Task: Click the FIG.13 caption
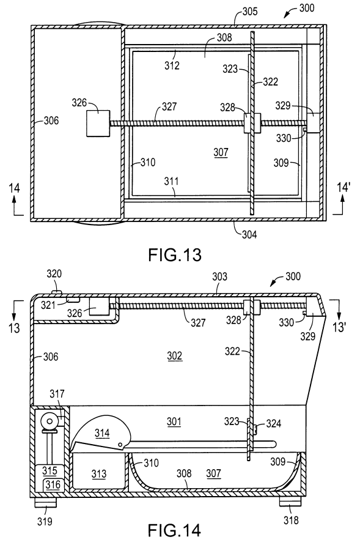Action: [175, 255]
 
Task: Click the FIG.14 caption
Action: [174, 530]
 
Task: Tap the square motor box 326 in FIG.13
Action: [98, 124]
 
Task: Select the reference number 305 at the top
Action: [250, 12]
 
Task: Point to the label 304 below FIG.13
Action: [249, 235]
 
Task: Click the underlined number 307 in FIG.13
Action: [221, 152]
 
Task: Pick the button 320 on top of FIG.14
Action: [56, 291]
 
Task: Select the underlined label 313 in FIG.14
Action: [99, 474]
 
